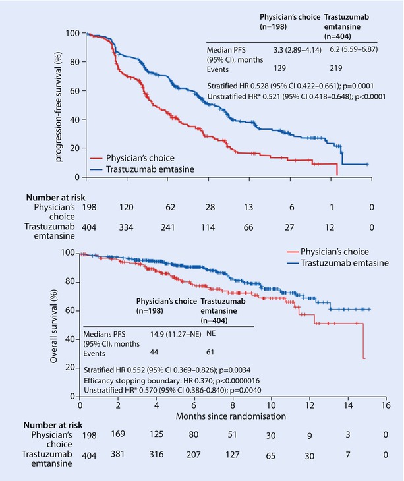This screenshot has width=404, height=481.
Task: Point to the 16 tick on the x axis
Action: (386, 406)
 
